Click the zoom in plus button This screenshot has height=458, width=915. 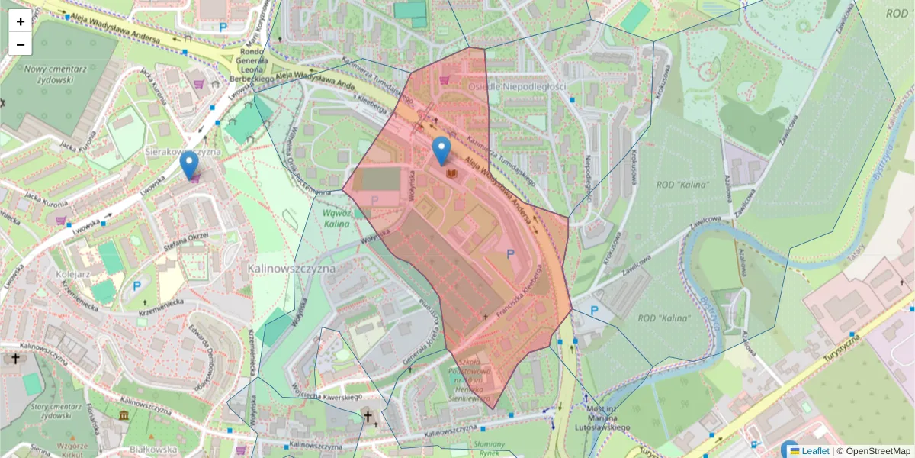(x=21, y=21)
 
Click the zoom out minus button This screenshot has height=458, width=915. (x=21, y=44)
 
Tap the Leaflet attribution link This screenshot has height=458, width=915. (x=814, y=451)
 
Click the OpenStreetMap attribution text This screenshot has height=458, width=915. (x=878, y=451)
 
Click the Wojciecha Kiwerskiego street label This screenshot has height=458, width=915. (x=323, y=397)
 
